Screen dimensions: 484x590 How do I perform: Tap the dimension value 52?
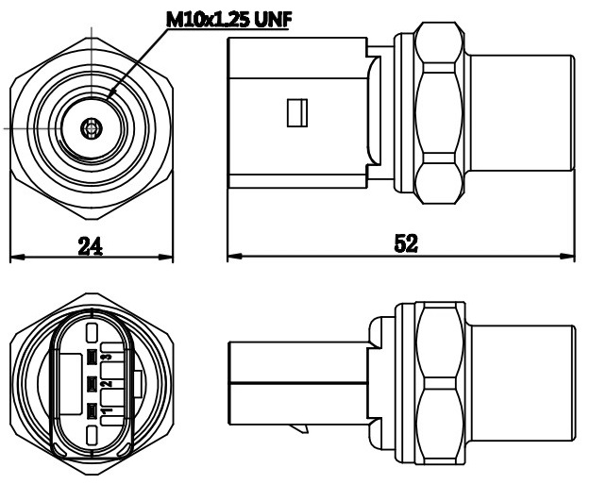click(406, 242)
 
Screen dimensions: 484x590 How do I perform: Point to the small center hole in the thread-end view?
click(91, 127)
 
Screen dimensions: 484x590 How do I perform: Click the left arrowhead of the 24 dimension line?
click(13, 257)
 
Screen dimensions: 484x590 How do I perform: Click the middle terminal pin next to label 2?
click(92, 384)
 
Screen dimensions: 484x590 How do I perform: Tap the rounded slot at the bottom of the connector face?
click(91, 435)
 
